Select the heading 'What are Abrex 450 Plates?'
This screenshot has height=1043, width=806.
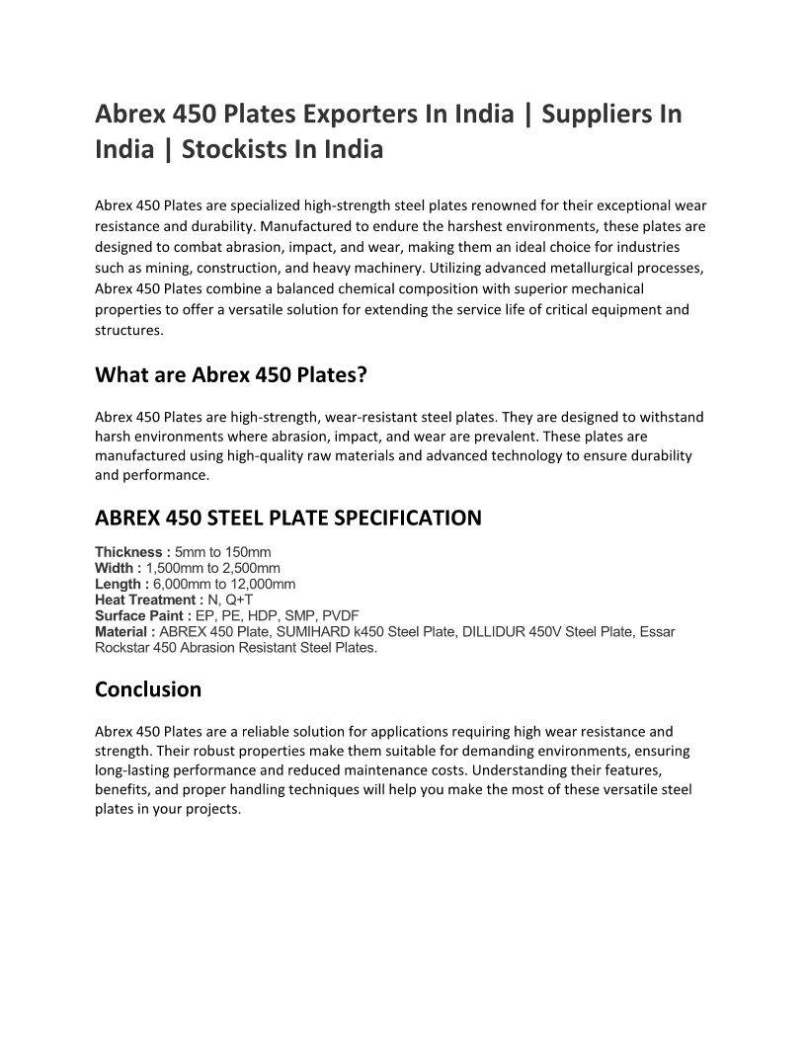(230, 375)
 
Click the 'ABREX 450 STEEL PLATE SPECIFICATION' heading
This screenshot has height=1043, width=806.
(288, 518)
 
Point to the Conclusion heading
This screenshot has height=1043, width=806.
(148, 688)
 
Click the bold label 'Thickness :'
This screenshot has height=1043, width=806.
(132, 551)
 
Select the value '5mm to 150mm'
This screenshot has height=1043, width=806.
(222, 551)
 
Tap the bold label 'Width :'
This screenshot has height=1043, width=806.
(119, 568)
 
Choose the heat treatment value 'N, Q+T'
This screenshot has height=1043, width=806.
(230, 600)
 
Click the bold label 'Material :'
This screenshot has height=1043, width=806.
(124, 632)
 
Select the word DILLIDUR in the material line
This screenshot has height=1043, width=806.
(493, 632)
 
